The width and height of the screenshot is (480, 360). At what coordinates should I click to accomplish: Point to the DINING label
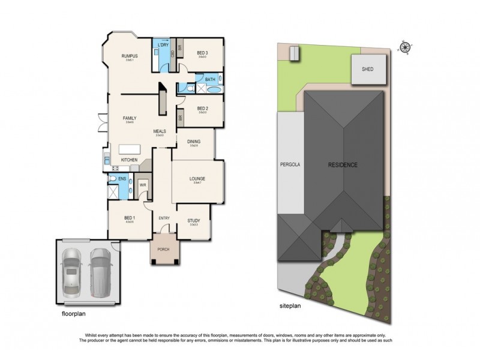click(193, 142)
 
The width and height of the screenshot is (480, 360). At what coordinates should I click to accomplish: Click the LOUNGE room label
click(197, 178)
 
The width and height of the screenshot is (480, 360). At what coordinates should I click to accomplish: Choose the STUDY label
click(193, 220)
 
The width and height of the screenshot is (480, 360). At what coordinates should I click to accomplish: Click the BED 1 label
click(128, 218)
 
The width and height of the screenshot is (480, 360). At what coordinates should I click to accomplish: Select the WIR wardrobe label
click(143, 185)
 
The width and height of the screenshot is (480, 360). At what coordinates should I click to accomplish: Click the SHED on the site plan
click(367, 69)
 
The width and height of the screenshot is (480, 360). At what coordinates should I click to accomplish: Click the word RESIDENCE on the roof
click(343, 164)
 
